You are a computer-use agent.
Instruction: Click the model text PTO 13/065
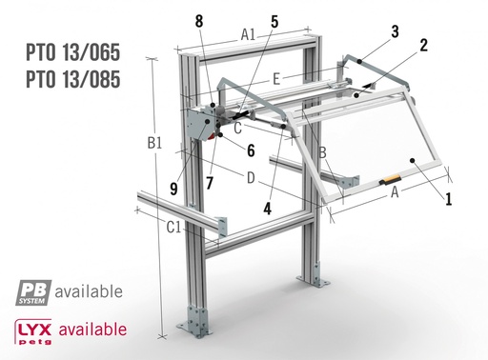coord(73,51)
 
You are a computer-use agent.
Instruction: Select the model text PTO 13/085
coord(73,79)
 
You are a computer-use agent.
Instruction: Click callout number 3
coord(395,30)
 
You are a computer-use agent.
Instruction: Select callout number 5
coord(274,19)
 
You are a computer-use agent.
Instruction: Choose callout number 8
coord(198,20)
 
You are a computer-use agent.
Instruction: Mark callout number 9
coord(173,189)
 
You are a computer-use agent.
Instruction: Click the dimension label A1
coord(248,34)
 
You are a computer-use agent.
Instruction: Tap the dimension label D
coord(250,177)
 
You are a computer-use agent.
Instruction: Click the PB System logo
coord(32,290)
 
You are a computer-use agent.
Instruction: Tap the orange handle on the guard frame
coord(391,181)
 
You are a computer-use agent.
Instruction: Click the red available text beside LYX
coord(92,330)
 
